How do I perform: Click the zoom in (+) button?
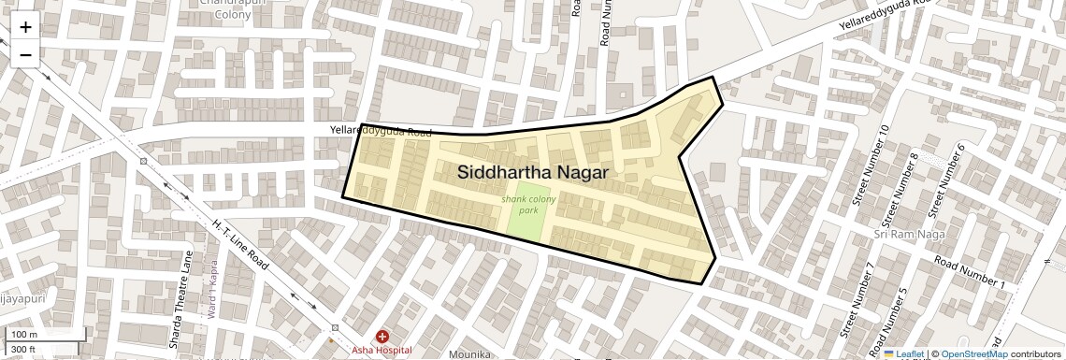tap(25, 26)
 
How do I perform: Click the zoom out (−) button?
tap(25, 54)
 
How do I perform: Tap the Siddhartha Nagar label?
tap(533, 173)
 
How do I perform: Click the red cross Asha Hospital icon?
tap(382, 337)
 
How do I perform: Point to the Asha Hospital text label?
tap(382, 350)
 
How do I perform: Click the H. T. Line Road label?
tap(241, 244)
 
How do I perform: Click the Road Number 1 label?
tap(970, 271)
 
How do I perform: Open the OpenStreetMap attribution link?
tap(974, 354)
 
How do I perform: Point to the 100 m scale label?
tap(25, 335)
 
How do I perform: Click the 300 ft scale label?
tap(23, 350)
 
